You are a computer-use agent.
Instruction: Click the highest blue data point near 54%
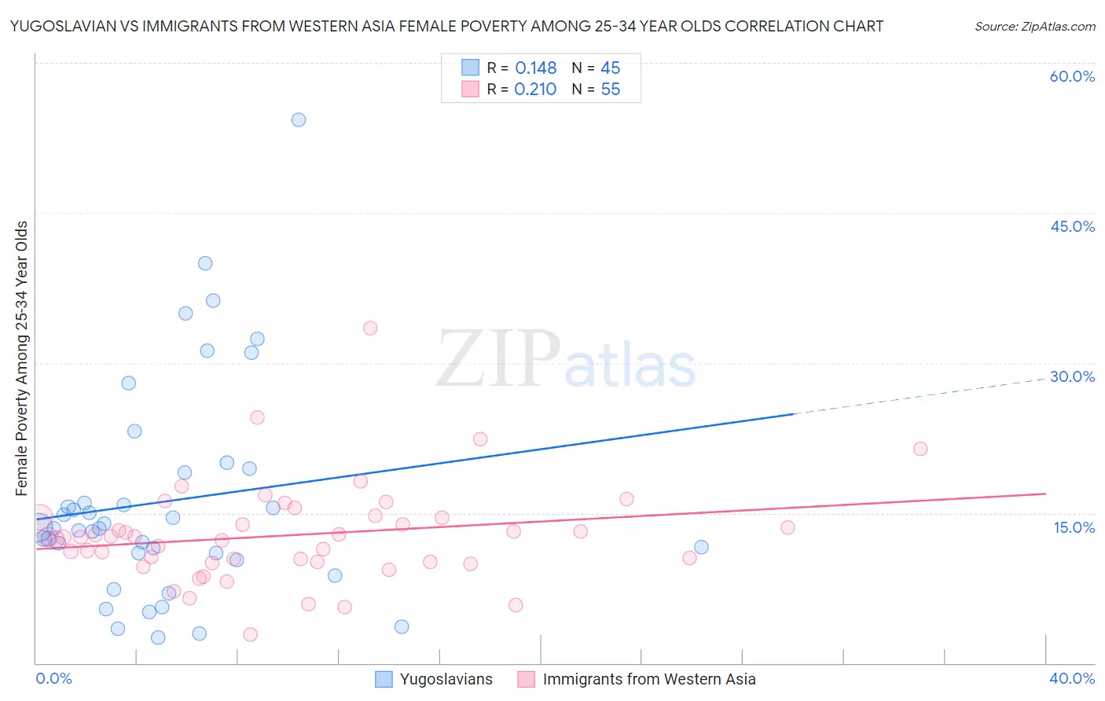coord(299,120)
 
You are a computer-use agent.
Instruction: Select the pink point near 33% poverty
coord(370,328)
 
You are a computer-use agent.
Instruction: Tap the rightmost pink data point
coord(920,449)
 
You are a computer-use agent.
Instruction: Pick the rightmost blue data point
coord(701,547)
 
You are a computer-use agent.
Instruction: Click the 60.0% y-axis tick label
coord(1072,77)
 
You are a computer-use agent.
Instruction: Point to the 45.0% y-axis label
coord(1072,227)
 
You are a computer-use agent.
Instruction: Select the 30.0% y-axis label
coord(1072,377)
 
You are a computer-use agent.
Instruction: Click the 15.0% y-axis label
coord(1074,527)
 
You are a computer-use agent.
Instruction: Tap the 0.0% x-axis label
coord(53,679)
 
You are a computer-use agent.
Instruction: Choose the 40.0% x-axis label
coord(1072,679)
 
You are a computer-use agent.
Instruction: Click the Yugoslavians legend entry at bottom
coord(446,680)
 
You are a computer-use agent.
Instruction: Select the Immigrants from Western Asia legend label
coord(648,680)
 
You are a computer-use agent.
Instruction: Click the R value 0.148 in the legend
coord(535,68)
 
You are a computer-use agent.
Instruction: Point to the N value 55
coord(611,90)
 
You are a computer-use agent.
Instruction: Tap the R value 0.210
coord(535,90)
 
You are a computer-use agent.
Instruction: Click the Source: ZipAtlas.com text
coord(1034,27)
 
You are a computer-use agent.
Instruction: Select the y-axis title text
coord(22,358)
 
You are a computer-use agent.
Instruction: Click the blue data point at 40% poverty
coord(205,263)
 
